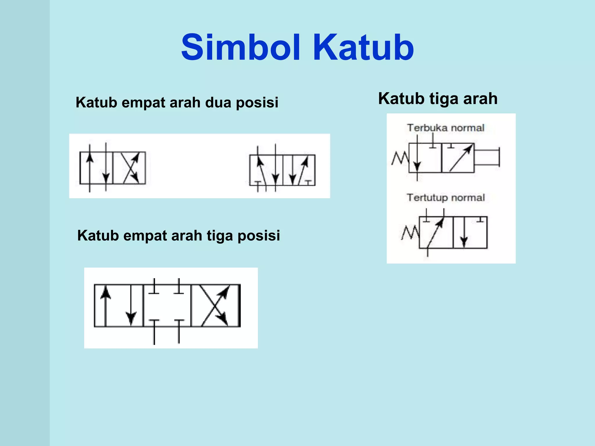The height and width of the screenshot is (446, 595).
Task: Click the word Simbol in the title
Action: [241, 47]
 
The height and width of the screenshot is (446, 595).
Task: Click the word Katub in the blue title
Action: [363, 47]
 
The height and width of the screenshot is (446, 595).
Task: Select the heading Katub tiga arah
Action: [438, 98]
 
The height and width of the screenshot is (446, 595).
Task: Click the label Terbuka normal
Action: [445, 128]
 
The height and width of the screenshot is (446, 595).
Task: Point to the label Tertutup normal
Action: [445, 198]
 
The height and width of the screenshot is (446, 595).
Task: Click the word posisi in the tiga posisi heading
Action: [259, 235]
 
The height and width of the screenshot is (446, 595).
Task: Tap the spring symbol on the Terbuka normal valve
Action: [400, 159]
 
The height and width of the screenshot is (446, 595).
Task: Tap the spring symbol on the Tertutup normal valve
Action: [410, 233]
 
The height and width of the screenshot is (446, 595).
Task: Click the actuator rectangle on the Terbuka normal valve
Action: [487, 157]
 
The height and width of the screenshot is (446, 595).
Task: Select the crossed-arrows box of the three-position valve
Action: [215, 305]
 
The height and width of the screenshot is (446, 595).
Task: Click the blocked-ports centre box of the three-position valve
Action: [167, 305]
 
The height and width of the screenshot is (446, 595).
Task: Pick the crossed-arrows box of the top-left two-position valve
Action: [129, 168]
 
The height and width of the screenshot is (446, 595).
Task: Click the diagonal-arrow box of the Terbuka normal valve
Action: [458, 158]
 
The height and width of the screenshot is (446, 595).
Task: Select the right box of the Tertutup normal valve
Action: [470, 232]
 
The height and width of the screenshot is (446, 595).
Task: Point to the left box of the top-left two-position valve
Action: [96, 168]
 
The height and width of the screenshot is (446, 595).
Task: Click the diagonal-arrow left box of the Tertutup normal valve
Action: [436, 232]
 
